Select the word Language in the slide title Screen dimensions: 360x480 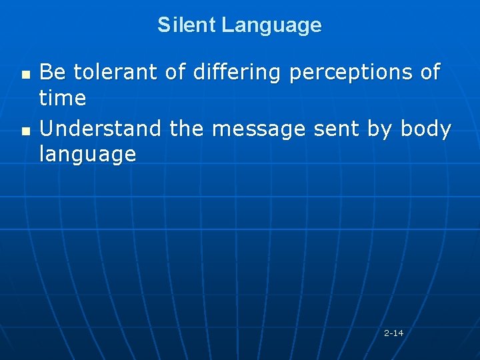(271, 26)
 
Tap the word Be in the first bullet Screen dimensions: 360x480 (52, 71)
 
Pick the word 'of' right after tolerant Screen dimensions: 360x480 (176, 71)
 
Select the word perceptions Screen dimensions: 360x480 (352, 72)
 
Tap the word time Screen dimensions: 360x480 (63, 99)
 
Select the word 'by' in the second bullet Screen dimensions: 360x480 (381, 129)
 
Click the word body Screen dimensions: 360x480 (426, 128)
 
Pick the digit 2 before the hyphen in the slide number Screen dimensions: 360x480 (387, 333)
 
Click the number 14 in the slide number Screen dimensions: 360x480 (398, 333)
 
